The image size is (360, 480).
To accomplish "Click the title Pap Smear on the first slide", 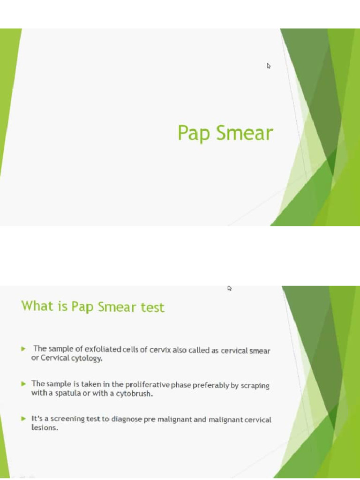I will point(225,134).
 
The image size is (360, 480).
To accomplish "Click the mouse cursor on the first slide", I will point(269,66).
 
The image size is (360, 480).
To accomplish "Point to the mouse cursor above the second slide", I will point(230,288).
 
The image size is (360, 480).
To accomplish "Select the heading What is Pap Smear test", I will point(93,307).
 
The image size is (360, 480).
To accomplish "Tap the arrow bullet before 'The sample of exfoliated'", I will point(23,349).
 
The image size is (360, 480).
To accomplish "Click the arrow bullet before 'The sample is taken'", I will point(23,384).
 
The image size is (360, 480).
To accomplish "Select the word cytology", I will point(87,359).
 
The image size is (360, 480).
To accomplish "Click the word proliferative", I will point(147,384).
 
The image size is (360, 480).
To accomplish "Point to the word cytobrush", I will point(136,393).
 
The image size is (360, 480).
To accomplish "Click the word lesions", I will point(44,428).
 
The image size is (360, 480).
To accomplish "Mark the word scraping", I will point(255,385).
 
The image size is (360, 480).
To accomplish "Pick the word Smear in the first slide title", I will point(244,134).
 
